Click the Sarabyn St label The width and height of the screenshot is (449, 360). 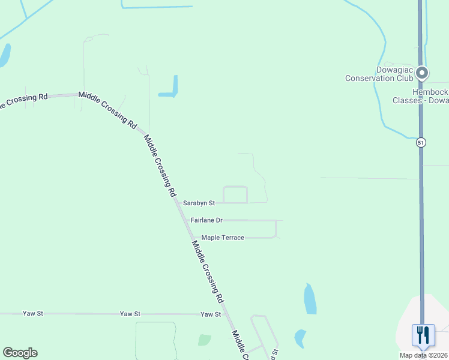coord(199,203)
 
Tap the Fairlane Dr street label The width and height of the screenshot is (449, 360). coord(206,220)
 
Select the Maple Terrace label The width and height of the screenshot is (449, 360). coord(223,238)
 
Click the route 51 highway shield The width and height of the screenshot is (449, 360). coord(421,142)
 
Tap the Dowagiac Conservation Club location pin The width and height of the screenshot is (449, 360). coord(422,73)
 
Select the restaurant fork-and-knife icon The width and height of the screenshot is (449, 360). coord(423,334)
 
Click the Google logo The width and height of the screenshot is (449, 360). coord(20,353)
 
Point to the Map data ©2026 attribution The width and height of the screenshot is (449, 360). coord(424,355)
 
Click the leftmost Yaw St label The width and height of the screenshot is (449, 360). coord(32,313)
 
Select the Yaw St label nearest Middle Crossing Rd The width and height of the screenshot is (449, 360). coord(211,314)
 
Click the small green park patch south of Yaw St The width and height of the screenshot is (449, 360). coord(205,340)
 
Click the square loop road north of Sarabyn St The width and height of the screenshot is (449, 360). coord(235,194)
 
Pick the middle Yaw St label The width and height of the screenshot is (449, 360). coord(130,314)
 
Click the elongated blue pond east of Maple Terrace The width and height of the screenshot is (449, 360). coord(310,299)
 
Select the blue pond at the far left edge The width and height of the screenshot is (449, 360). coord(4,55)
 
